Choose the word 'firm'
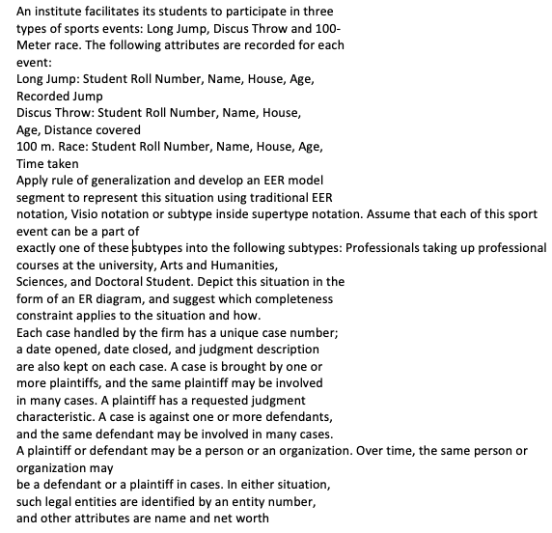point(171,331)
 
